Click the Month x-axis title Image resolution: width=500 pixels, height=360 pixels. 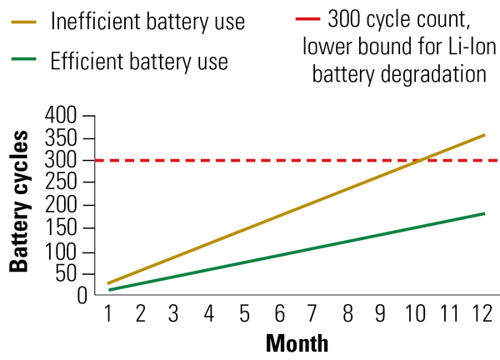(297, 343)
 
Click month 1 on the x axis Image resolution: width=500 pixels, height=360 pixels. (108, 314)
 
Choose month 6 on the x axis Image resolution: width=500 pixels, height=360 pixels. (280, 314)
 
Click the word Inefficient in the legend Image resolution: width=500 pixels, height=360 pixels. (93, 22)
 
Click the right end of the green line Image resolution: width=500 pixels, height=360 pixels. (484, 213)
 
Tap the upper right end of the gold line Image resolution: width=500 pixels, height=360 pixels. (484, 135)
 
